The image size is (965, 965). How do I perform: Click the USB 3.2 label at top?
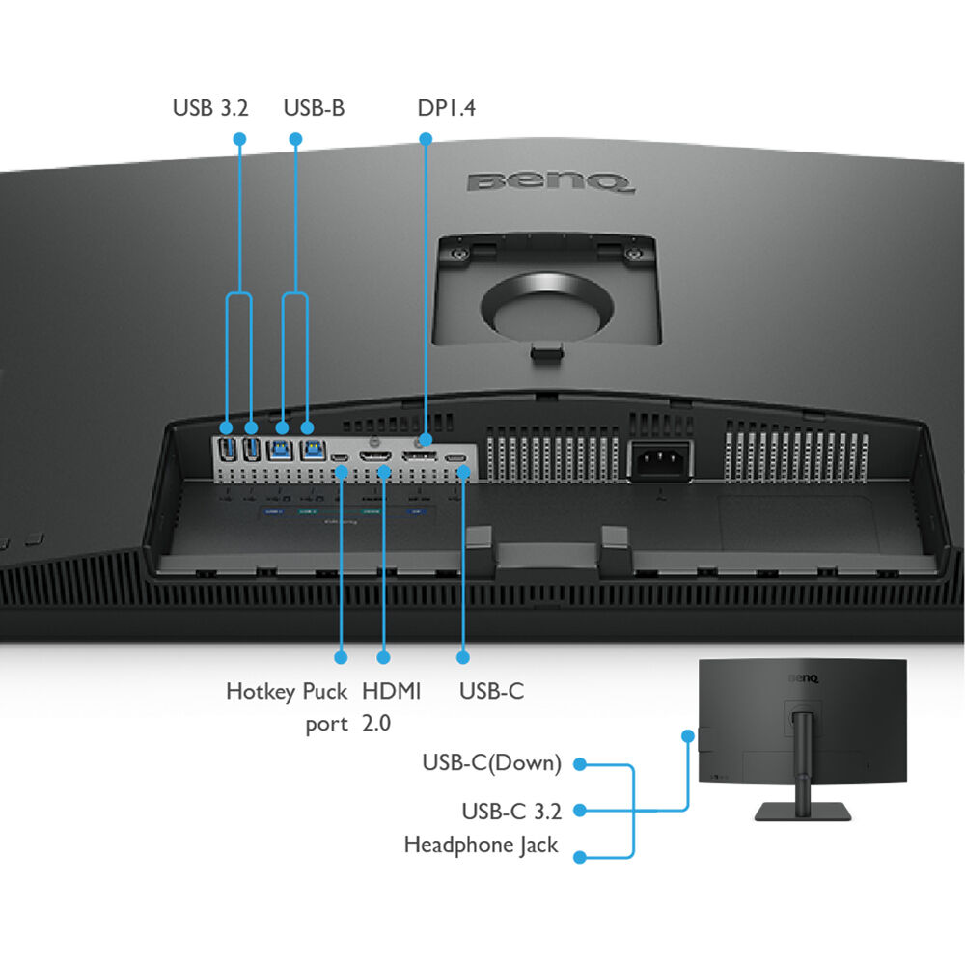pos(210,108)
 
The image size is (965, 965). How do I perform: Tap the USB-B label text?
pos(314,108)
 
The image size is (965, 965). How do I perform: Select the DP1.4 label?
pos(447,108)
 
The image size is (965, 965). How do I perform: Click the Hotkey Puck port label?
pos(287,707)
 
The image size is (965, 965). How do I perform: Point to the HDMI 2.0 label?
pos(392,707)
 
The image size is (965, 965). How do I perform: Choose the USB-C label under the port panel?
pos(491,692)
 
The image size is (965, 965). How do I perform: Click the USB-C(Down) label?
pos(491,763)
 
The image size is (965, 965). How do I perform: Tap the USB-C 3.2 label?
pos(511,811)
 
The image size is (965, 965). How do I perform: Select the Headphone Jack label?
pos(481,845)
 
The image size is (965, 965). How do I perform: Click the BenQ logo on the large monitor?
pos(550,180)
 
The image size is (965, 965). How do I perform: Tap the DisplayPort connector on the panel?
pos(420,455)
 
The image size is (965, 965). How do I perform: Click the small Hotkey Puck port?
pos(340,455)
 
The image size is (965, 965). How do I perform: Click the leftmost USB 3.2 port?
pos(228,449)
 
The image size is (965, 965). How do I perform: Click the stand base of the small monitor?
pos(801,813)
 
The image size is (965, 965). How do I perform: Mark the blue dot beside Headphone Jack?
pos(580,857)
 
